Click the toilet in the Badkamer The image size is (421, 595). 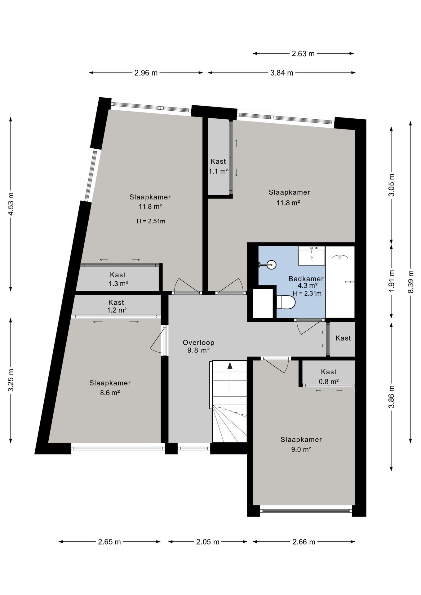[286, 302]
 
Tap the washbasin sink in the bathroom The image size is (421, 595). [312, 256]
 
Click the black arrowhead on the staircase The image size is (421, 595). [230, 365]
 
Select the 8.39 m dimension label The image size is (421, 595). [411, 282]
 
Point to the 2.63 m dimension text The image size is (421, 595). [303, 54]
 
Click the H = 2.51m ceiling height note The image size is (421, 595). [151, 221]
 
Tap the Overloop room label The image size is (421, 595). [198, 343]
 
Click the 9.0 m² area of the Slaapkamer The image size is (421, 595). [301, 449]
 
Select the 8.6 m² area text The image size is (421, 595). [110, 393]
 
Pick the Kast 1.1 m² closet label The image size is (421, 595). [219, 166]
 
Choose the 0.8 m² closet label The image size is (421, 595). [329, 381]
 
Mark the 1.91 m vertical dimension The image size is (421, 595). [392, 281]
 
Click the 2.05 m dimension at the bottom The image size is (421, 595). [208, 542]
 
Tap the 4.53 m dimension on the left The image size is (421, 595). [11, 204]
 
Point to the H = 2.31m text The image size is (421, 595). [307, 293]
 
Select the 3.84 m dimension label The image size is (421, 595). [282, 73]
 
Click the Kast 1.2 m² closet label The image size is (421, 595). [117, 306]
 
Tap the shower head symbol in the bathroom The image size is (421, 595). [340, 257]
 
